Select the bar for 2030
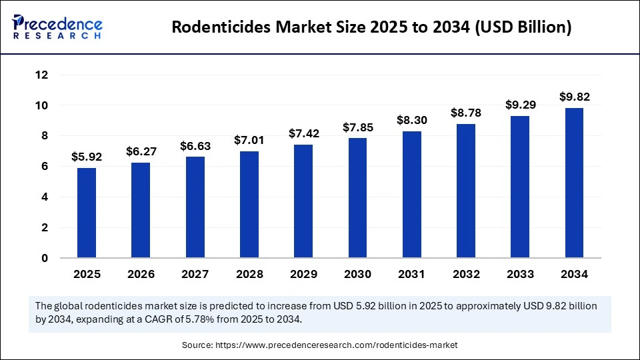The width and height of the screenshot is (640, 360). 357,198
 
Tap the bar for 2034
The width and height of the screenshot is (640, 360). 574,183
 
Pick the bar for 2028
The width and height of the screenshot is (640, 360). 249,205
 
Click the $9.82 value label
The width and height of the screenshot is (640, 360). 574,97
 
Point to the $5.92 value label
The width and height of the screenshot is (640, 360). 87,158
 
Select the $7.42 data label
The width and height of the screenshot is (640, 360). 303,133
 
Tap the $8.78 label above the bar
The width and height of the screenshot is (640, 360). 466,113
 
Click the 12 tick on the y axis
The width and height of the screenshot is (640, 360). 41,75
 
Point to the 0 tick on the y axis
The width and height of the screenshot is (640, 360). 44,258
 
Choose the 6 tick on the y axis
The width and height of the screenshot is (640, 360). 44,167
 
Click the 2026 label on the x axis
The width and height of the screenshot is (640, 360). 141,274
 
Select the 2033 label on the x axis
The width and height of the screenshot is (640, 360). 520,274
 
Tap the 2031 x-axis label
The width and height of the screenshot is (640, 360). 411,274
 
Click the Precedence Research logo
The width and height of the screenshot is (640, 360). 57,27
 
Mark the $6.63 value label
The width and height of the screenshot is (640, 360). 195,145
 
